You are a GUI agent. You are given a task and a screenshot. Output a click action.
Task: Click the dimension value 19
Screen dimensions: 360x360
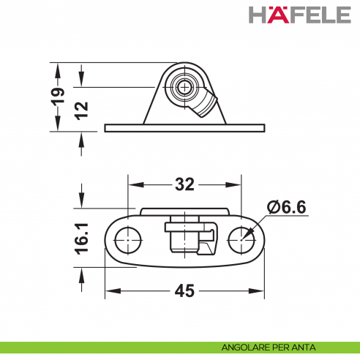[x=59, y=97]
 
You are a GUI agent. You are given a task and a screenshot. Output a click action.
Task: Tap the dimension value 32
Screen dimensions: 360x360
[x=184, y=184]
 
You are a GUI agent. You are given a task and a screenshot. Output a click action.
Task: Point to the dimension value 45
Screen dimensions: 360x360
[x=184, y=291]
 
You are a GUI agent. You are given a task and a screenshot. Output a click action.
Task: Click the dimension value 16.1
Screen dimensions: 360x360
[x=81, y=239]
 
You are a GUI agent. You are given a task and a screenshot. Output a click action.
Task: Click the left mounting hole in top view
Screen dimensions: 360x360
[x=129, y=238]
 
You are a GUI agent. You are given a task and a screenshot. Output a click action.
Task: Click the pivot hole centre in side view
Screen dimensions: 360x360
[x=182, y=89]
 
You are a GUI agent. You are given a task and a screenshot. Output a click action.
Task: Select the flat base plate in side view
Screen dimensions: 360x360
[x=184, y=128]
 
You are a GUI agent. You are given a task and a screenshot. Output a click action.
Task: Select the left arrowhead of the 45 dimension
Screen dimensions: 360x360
[x=109, y=291]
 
